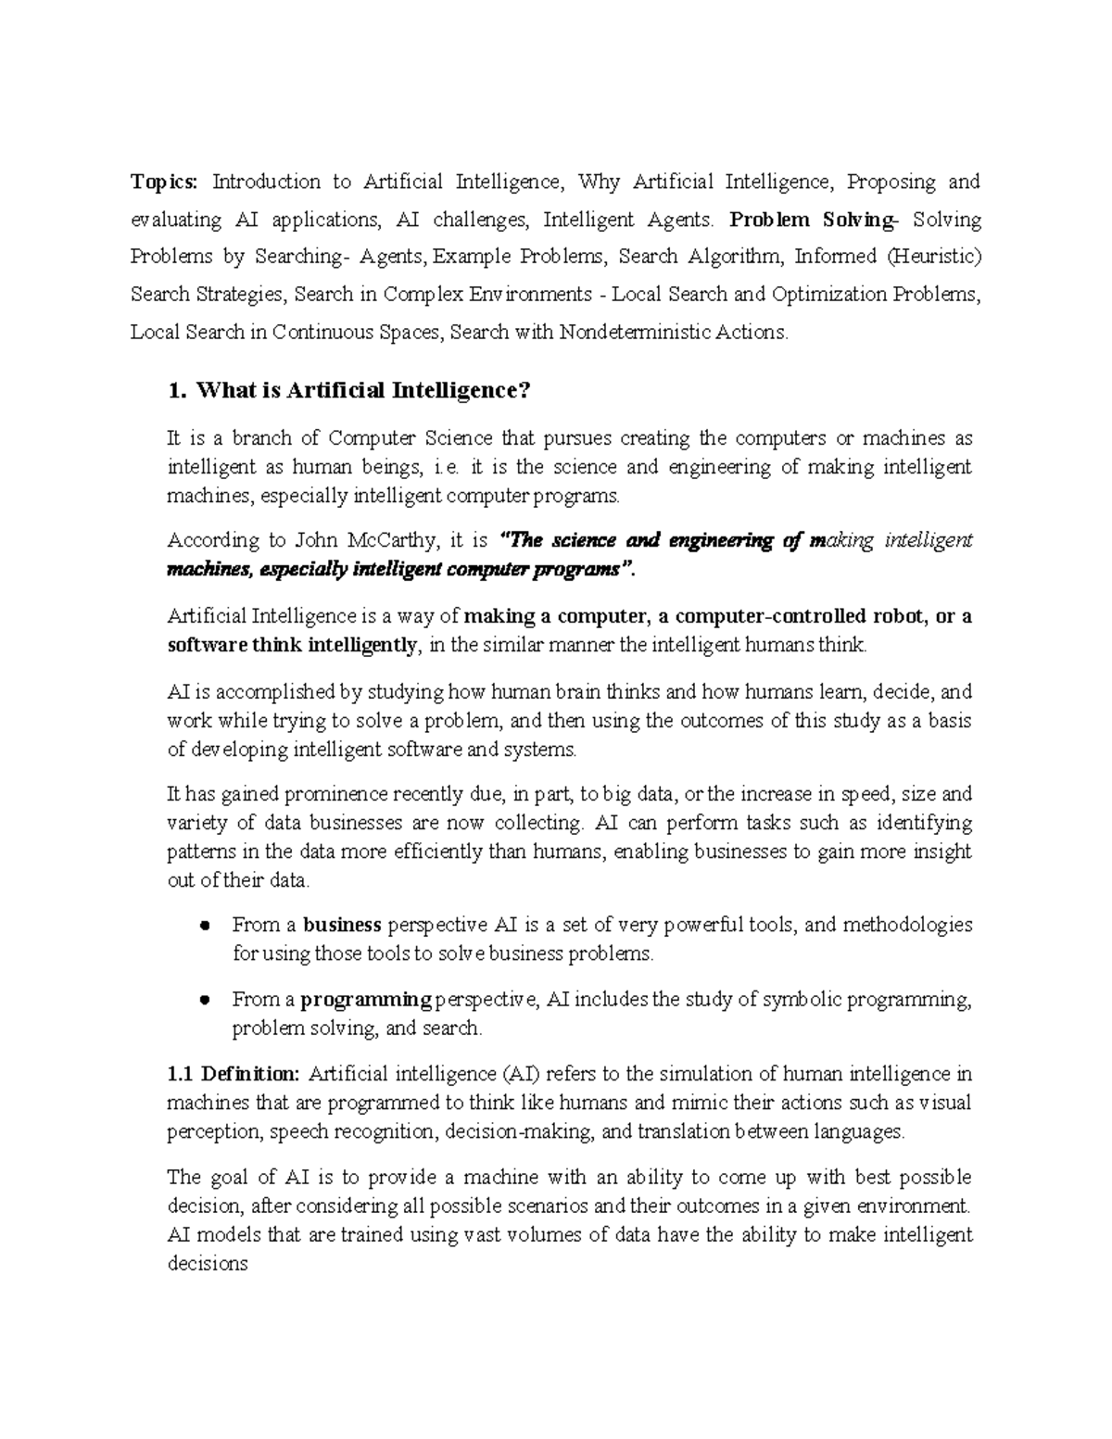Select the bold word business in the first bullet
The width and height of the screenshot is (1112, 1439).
pos(342,925)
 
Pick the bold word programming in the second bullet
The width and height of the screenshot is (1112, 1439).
pos(367,1000)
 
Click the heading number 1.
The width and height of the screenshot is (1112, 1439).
pos(177,391)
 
